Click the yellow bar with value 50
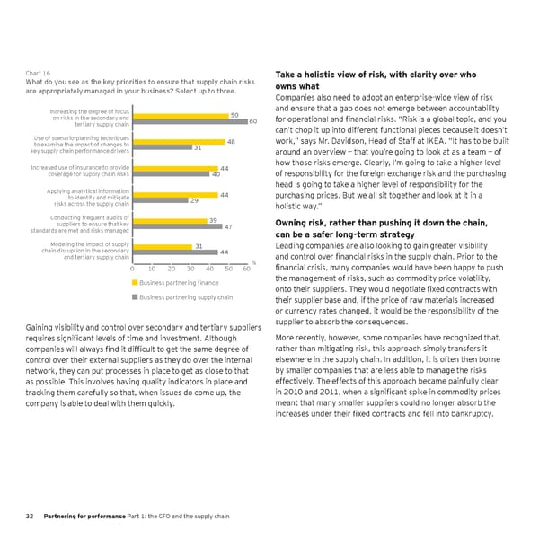click(181, 115)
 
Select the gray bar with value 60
click(190, 121)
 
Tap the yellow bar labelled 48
click(179, 141)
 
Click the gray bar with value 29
click(160, 200)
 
